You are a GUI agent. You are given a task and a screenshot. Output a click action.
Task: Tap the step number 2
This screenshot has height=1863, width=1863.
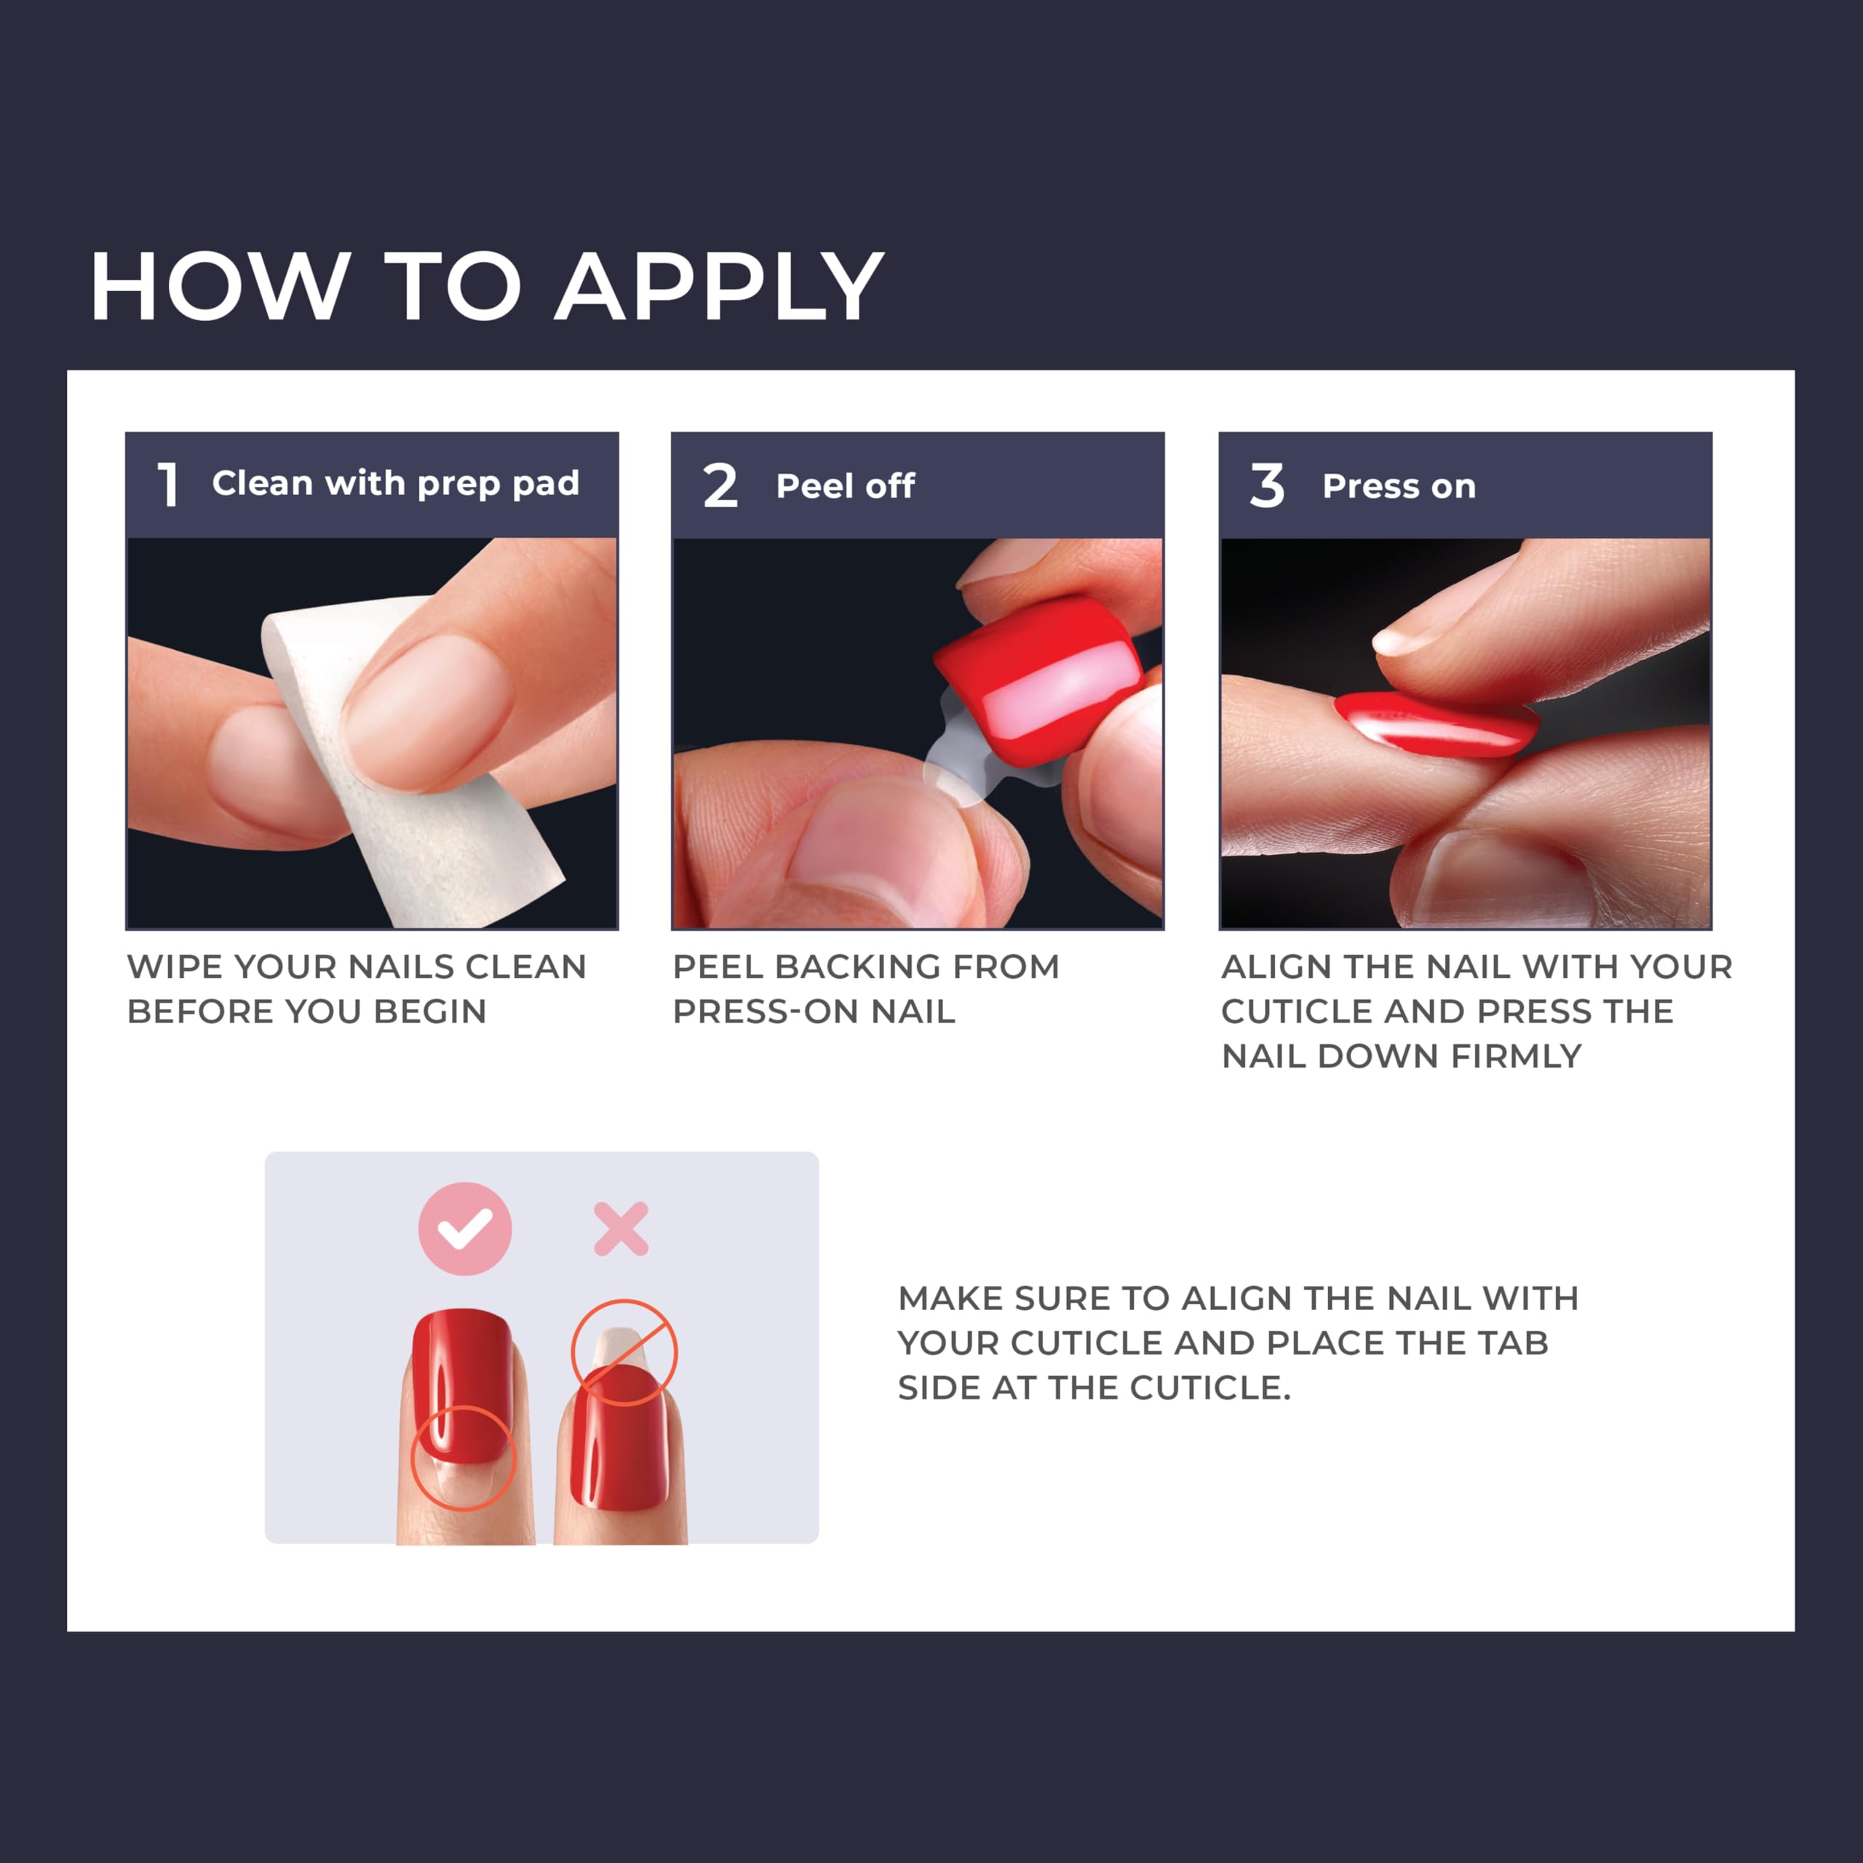click(x=719, y=485)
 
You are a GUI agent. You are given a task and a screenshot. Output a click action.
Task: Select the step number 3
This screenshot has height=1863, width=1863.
click(x=1266, y=485)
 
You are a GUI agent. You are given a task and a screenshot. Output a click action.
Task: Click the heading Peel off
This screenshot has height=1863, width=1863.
click(x=845, y=486)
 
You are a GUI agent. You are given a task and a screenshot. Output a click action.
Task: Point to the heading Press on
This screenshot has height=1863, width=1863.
click(x=1398, y=486)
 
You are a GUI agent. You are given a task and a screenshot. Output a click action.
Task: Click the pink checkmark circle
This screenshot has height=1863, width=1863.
click(x=465, y=1228)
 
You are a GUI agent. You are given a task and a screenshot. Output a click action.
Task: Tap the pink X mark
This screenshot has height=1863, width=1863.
click(x=621, y=1228)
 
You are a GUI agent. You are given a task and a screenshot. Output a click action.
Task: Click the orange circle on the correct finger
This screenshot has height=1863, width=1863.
click(x=464, y=1457)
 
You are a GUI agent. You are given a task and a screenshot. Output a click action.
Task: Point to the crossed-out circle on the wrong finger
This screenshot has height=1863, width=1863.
click(x=624, y=1352)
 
